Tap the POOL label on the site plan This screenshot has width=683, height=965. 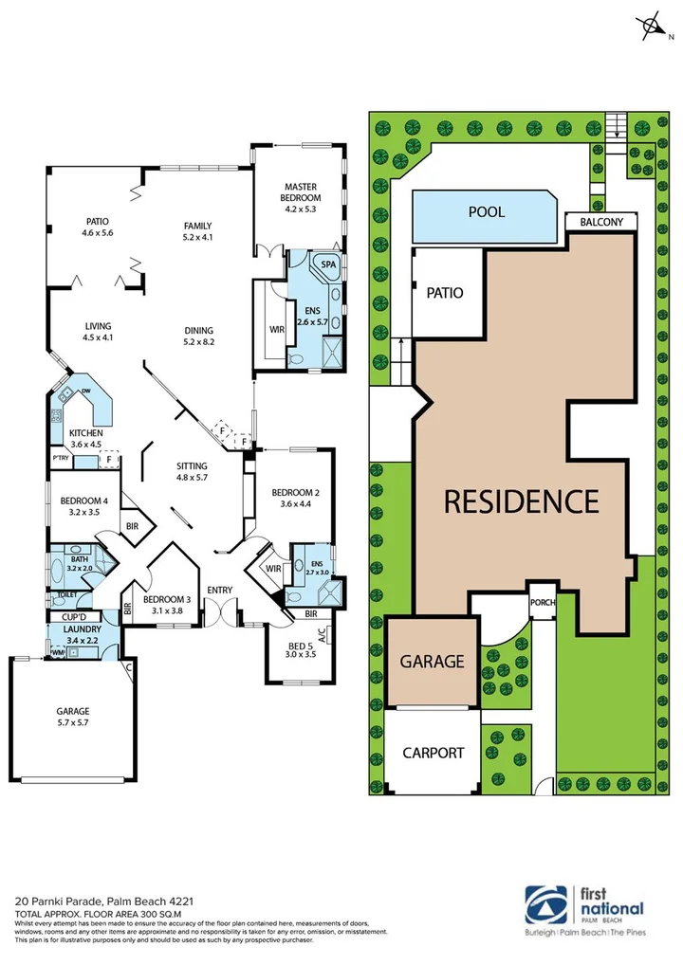click(487, 212)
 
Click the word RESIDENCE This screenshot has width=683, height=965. click(522, 500)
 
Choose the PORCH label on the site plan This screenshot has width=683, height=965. click(543, 603)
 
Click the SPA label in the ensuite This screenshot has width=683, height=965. click(329, 264)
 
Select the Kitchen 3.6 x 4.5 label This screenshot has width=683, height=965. click(86, 439)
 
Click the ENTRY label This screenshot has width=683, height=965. click(220, 591)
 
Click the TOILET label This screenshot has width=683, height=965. click(66, 595)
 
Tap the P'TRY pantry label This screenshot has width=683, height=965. click(62, 461)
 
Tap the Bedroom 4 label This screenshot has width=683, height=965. click(85, 506)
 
